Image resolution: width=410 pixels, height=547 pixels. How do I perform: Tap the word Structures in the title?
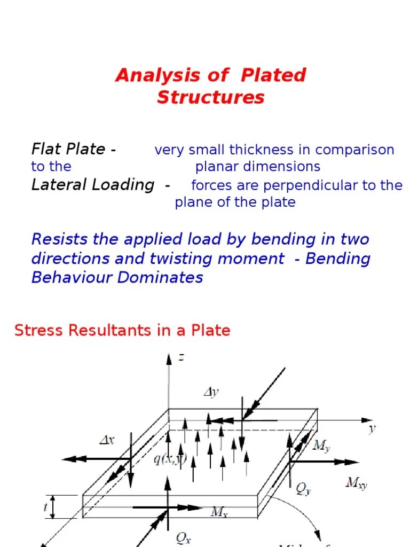point(211,97)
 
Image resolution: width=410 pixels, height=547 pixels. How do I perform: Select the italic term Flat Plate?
point(69,149)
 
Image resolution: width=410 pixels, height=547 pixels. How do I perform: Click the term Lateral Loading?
point(93,185)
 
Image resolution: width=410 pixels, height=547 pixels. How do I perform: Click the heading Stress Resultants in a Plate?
point(122,331)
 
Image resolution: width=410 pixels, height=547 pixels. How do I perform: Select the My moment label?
point(321,446)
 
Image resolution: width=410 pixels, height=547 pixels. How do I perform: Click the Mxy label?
point(356,483)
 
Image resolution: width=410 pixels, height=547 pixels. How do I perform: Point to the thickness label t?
point(46,506)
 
